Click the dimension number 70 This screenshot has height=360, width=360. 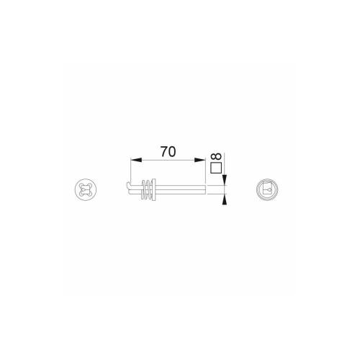tap(168, 153)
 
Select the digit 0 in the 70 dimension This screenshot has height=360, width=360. tap(174, 153)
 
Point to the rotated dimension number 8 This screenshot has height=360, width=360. tap(215, 155)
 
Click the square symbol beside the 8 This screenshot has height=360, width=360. tap(215, 169)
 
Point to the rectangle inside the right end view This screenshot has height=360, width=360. tap(267, 190)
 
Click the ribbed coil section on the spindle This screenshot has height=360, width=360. tap(148, 190)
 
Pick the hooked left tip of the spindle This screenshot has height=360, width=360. tap(127, 189)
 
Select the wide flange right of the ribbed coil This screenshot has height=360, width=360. tap(154, 190)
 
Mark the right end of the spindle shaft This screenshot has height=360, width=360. tap(204, 190)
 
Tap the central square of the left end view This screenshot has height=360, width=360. tap(84, 191)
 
